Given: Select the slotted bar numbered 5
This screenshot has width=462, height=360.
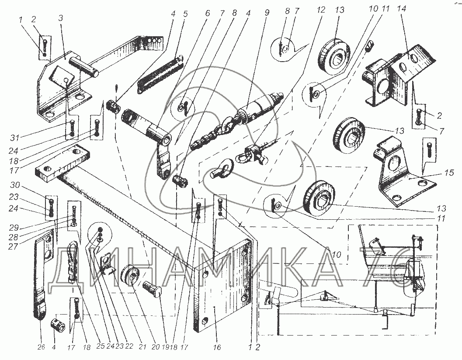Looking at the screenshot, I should tap(160, 72).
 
